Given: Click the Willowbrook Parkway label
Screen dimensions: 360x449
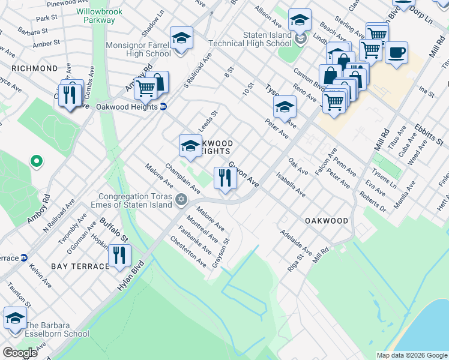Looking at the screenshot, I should pyautogui.click(x=95, y=16).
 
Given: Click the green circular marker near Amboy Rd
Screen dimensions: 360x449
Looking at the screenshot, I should pyautogui.click(x=36, y=161).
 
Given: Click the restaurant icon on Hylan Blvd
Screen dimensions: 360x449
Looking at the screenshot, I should pyautogui.click(x=120, y=256).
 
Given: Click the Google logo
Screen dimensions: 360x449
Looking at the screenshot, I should pyautogui.click(x=19, y=353).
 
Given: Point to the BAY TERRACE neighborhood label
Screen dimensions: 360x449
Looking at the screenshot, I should pyautogui.click(x=76, y=265).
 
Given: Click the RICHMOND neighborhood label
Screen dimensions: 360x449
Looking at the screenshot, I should pyautogui.click(x=33, y=68).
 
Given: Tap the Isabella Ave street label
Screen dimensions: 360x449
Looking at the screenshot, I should pyautogui.click(x=291, y=185).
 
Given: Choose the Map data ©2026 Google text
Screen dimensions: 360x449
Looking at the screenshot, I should pyautogui.click(x=411, y=355).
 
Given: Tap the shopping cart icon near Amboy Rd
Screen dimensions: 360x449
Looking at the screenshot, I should pyautogui.click(x=146, y=89).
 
